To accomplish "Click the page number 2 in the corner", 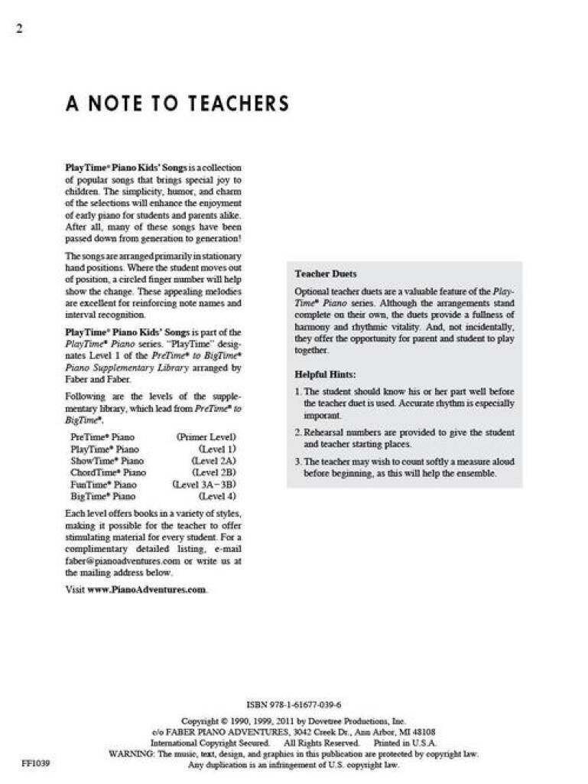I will (x=18, y=29).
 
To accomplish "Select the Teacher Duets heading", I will (x=326, y=273).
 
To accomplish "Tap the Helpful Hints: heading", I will (x=325, y=374).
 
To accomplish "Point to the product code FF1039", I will (x=36, y=763).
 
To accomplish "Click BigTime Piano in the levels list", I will (x=102, y=496).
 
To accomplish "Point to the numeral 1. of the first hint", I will (x=297, y=391).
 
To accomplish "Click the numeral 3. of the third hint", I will (x=297, y=462).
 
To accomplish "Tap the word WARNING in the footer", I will (x=132, y=753).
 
